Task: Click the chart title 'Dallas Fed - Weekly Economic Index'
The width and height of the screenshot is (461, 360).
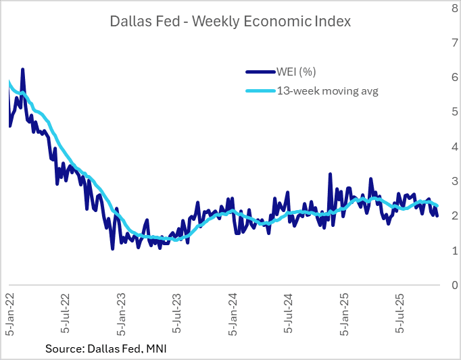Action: pos(230,21)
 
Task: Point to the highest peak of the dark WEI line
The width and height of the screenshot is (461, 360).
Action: pos(23,69)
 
